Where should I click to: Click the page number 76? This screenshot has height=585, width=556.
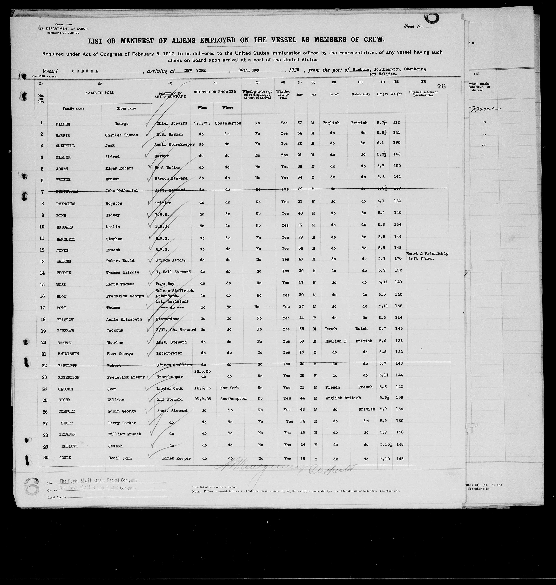click(441, 86)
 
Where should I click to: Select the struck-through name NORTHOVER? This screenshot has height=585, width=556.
click(67, 191)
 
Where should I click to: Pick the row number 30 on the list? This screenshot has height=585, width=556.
click(46, 457)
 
